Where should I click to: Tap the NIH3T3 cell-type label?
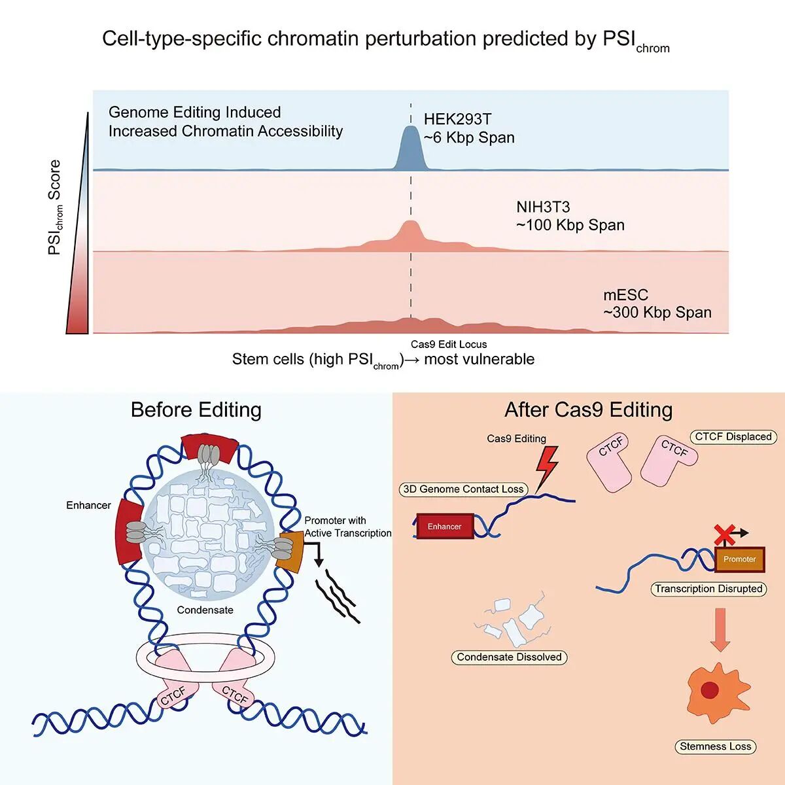point(543,207)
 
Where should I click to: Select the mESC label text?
point(625,295)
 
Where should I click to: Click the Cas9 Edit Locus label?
point(449,344)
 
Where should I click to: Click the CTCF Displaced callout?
point(733,437)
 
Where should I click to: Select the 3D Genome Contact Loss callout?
point(463,489)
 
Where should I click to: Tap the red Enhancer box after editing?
point(444,526)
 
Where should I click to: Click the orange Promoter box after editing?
point(739,559)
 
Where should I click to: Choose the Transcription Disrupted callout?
point(708,589)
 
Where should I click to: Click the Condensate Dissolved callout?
point(509,657)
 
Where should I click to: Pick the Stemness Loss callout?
point(715,746)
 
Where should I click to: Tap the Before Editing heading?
point(196,410)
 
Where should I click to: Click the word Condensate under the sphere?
point(205,610)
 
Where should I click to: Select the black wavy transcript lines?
point(337,595)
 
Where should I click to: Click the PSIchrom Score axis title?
point(55,207)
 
